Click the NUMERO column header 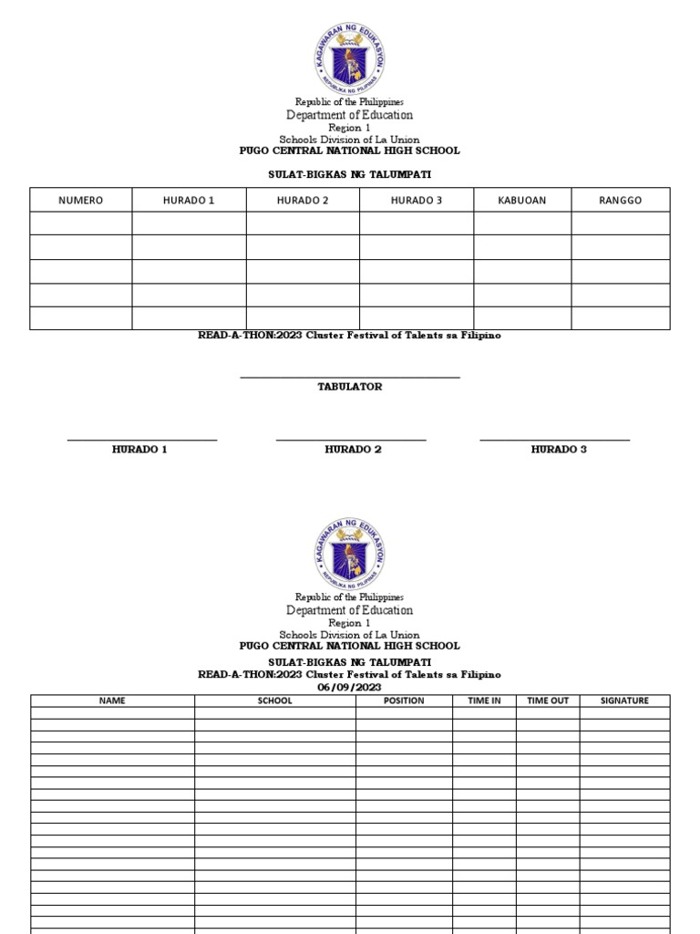coord(80,201)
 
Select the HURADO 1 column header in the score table coord(189,201)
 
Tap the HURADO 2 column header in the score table coord(303,201)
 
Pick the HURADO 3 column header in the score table coord(417,201)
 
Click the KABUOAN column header coord(522,201)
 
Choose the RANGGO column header coord(621,201)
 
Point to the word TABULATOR coord(349,387)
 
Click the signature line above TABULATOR coord(349,377)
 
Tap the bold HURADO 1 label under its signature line coord(139,450)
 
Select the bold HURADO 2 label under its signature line coord(353,450)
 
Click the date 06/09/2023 coord(349,687)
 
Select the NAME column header coord(112,700)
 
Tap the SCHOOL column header coord(274,700)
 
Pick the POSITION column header coord(404,700)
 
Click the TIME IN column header coord(484,700)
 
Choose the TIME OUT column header coord(547,700)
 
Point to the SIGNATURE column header coord(624,700)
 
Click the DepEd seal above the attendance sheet coord(350,554)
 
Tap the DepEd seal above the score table coord(350,57)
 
